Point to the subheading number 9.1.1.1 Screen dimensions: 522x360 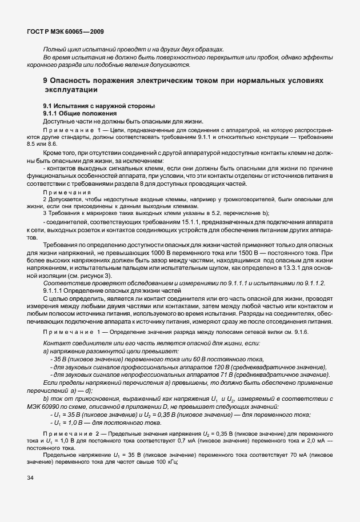click(57, 290)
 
